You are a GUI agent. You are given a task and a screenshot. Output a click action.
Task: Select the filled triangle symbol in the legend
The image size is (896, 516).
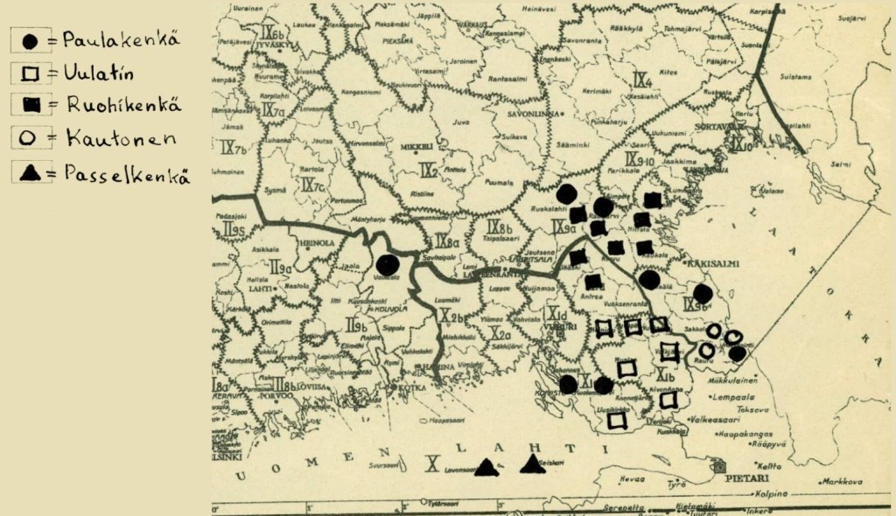[28, 173]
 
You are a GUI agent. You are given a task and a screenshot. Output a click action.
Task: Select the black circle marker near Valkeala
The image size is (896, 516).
[387, 264]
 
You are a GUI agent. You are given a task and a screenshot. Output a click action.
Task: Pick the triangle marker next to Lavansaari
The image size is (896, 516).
[486, 468]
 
